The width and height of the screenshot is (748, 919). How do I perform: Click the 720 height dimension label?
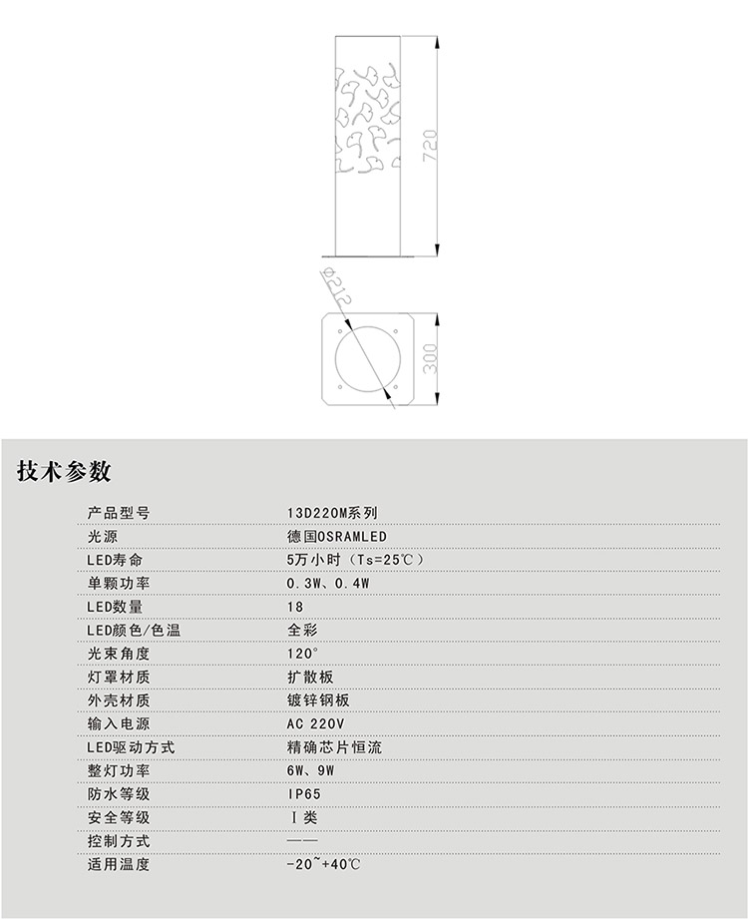pos(431,147)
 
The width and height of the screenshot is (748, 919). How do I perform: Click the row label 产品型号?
pos(119,513)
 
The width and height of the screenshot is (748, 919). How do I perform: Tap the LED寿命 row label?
pos(116,560)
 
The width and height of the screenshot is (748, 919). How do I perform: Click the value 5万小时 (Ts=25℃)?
pos(355,560)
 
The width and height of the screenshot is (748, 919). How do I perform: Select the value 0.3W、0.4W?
pos(328,584)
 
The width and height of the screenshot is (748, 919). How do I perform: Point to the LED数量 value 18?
pos(294,607)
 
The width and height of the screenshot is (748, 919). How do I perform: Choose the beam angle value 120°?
pos(302,654)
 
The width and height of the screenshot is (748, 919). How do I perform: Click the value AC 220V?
pos(315,723)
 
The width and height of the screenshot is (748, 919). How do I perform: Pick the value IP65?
pos(304,794)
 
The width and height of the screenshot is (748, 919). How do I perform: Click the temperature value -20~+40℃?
pos(323,864)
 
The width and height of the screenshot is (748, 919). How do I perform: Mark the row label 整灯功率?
pos(119,770)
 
